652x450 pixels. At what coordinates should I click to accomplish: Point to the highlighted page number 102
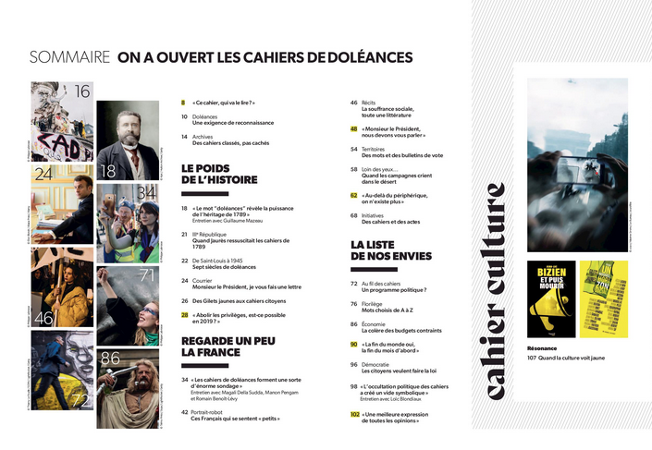tap(355, 415)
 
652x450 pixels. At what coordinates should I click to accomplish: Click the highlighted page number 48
tap(354, 129)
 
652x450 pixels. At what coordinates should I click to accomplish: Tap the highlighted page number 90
tap(354, 344)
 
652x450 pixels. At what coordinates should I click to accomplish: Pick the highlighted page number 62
tap(354, 195)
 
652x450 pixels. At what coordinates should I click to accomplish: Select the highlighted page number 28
tap(185, 314)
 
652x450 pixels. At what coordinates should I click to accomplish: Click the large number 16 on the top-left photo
tap(81, 91)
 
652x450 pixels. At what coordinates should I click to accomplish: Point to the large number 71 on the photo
tap(146, 274)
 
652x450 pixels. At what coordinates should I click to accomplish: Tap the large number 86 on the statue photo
tap(110, 358)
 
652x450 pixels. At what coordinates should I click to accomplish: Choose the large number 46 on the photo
tap(43, 319)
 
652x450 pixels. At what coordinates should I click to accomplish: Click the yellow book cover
tap(603, 298)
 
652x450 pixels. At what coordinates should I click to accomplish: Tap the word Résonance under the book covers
tap(543, 347)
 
